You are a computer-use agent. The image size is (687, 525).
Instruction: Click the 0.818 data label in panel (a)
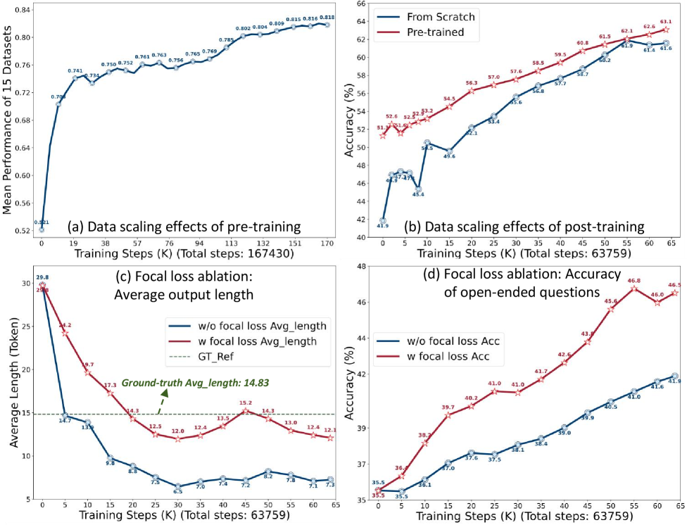coord(327,17)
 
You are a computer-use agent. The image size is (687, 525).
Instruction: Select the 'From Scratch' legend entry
coord(434,17)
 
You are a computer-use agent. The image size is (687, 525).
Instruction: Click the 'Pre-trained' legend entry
coord(429,32)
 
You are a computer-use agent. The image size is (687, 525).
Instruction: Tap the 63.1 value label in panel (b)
coord(665,22)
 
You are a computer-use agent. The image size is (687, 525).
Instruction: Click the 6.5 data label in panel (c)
coord(178,493)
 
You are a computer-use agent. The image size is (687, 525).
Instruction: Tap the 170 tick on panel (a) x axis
coord(327,243)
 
